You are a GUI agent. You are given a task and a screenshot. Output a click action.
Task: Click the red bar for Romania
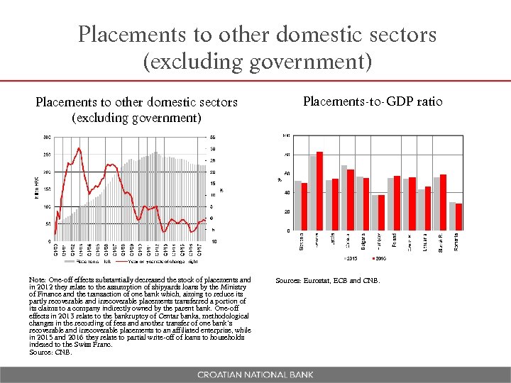[458, 216]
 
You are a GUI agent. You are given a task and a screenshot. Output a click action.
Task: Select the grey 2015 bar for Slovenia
[297, 206]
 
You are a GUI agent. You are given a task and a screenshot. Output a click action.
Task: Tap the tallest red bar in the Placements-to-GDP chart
[319, 191]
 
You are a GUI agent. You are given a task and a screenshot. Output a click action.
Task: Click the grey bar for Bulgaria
[359, 204]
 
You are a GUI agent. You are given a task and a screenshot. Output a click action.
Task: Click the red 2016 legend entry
[379, 257]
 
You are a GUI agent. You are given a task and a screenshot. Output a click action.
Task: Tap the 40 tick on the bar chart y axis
[286, 192]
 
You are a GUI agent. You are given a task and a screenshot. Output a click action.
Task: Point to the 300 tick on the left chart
[46, 136]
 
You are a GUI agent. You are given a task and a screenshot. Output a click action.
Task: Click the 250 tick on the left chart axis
[46, 154]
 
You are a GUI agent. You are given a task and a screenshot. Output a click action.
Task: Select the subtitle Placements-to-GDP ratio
[373, 101]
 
